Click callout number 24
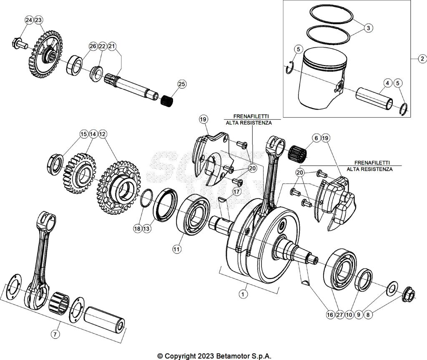pyautogui.click(x=28, y=20)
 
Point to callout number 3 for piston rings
pyautogui.click(x=367, y=28)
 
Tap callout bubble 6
pyautogui.click(x=316, y=138)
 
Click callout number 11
pyautogui.click(x=177, y=249)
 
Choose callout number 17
pyautogui.click(x=237, y=191)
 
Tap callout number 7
pyautogui.click(x=55, y=334)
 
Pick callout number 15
pyautogui.click(x=84, y=134)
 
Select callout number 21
pyautogui.click(x=112, y=46)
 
